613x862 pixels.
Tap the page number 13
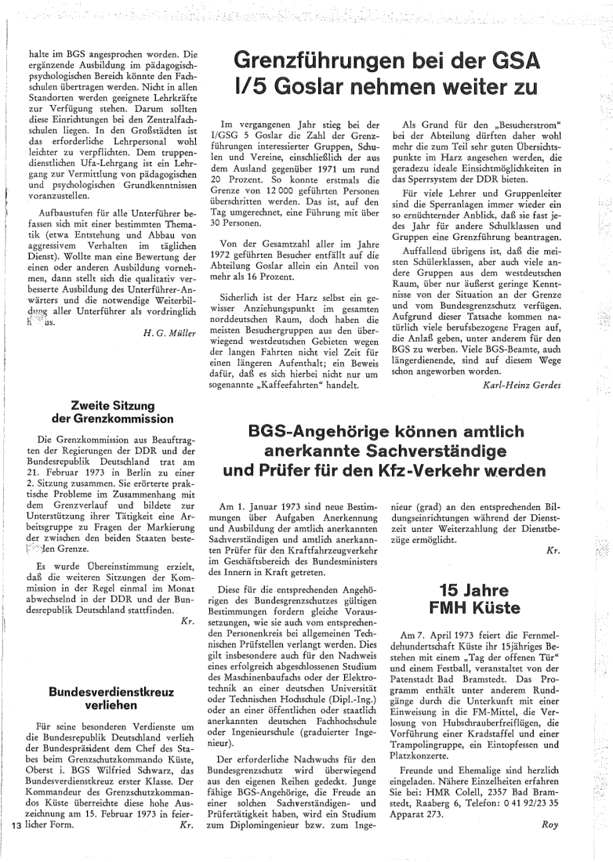tap(16, 846)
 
